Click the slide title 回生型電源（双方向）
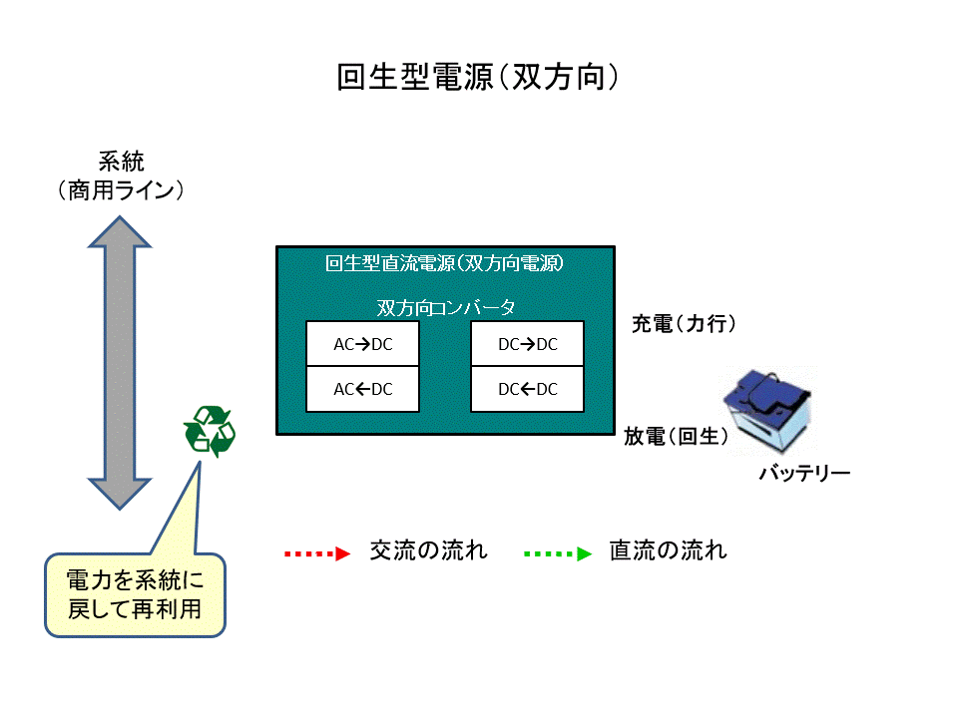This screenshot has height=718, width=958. (478, 78)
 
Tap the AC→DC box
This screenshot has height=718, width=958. (363, 345)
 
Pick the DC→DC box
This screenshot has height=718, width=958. (527, 345)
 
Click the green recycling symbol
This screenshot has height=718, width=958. (209, 432)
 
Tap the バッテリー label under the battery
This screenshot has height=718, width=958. (803, 473)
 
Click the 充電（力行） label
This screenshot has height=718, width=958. (684, 324)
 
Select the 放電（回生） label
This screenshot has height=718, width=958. (676, 436)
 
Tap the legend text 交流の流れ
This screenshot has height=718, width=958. (428, 550)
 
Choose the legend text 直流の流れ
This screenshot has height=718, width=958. (668, 550)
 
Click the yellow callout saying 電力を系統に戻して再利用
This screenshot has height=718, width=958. (135, 594)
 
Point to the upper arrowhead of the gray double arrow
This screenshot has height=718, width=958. (120, 231)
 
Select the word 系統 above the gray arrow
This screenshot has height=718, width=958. (121, 161)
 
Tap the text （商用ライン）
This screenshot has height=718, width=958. (121, 190)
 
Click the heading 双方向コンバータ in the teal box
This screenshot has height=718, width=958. (445, 306)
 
